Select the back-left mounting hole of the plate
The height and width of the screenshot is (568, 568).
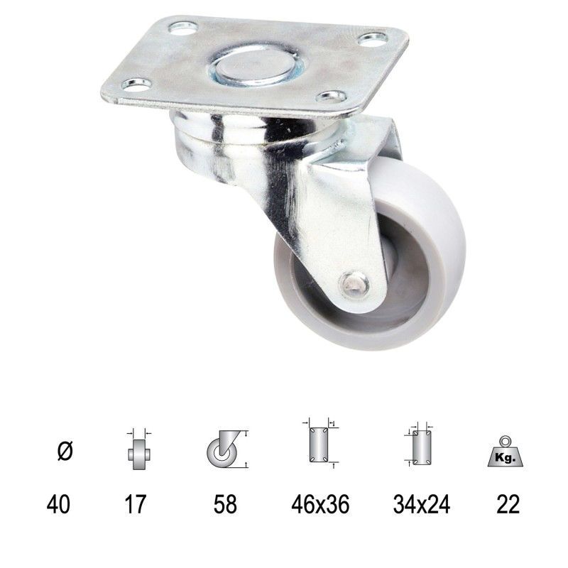point(183,29)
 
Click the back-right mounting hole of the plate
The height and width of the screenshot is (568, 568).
point(373,38)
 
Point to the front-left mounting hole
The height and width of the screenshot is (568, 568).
point(136,84)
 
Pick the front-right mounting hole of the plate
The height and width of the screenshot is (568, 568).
point(331,95)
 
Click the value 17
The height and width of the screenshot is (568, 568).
point(135,504)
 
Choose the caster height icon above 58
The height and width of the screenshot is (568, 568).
point(226,449)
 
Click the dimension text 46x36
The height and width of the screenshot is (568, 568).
point(319,504)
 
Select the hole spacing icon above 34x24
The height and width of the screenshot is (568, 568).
point(422,446)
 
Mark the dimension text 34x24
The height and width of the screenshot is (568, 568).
point(421,504)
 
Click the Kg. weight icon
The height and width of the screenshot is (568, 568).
point(505,452)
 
